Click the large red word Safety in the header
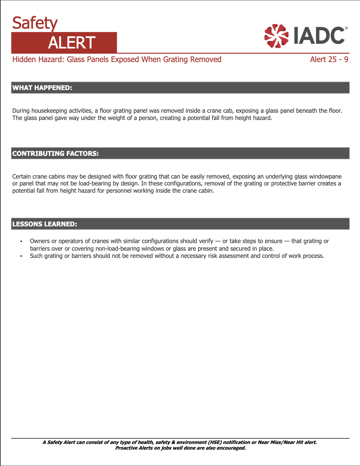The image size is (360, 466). pyautogui.click(x=35, y=23)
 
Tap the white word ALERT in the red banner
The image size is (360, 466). pyautogui.click(x=71, y=43)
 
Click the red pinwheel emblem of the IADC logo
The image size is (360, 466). pyautogui.click(x=276, y=36)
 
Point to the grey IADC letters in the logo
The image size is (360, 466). pyautogui.click(x=318, y=35)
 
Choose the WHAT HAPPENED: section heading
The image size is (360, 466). pyautogui.click(x=42, y=88)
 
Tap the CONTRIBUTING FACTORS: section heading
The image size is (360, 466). pyautogui.click(x=55, y=154)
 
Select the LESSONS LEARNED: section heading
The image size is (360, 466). pyautogui.click(x=45, y=224)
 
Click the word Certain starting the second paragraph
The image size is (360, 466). pyautogui.click(x=21, y=177)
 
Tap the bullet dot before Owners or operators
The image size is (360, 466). pyautogui.click(x=21, y=242)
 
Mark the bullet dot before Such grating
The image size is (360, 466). pyautogui.click(x=21, y=256)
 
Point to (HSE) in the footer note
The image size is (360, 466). pyautogui.click(x=214, y=442)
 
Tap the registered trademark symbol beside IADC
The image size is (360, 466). pyautogui.click(x=346, y=28)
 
